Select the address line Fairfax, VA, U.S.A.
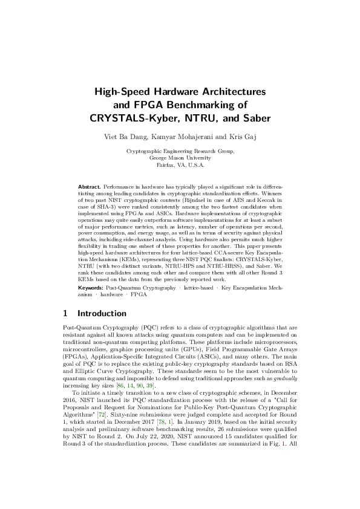click(180, 164)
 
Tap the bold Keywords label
click(91, 289)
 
